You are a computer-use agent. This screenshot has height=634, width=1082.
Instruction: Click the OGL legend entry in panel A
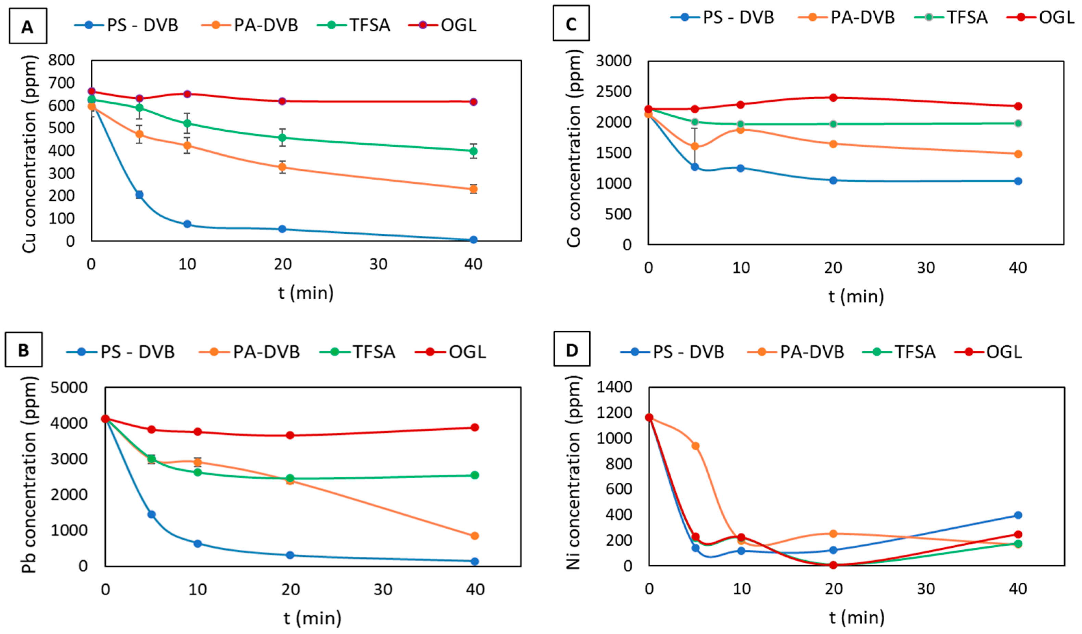[x=458, y=25]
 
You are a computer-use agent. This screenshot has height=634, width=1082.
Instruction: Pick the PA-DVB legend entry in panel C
[x=862, y=17]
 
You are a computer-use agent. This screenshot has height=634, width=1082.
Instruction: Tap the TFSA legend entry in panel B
[x=374, y=352]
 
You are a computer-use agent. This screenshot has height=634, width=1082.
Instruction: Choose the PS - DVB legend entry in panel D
[x=688, y=352]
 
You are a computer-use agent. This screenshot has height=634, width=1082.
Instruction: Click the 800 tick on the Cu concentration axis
[x=61, y=60]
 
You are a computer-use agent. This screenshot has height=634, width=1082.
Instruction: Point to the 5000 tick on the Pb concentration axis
[x=69, y=388]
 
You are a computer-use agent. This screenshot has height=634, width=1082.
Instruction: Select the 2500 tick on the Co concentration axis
[x=614, y=91]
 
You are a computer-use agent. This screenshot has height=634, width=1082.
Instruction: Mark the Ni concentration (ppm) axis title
[x=573, y=472]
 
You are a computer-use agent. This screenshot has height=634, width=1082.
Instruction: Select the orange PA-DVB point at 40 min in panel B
[x=475, y=536]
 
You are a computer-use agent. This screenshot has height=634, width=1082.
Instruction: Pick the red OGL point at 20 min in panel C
[x=833, y=98]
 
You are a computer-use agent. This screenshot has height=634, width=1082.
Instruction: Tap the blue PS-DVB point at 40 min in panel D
[x=1018, y=515]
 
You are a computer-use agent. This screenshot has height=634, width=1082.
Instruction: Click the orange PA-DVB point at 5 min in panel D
[x=695, y=446]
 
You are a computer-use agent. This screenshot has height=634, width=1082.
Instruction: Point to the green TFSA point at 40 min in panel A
[x=473, y=151]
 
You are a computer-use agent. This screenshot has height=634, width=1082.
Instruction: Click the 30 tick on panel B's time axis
[x=383, y=590]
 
